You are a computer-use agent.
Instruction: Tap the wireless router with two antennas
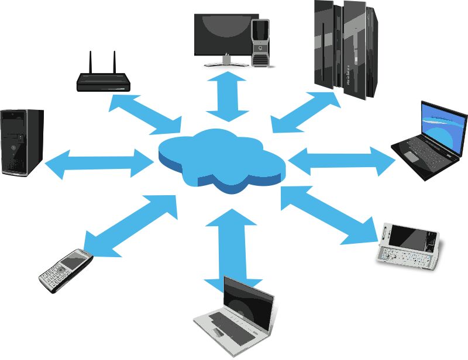point(102,81)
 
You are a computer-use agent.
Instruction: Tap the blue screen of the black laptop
point(443,126)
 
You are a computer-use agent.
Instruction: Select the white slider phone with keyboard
point(408,245)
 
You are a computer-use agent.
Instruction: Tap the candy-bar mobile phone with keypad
point(66,270)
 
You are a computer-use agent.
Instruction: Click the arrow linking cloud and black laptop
point(343,160)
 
